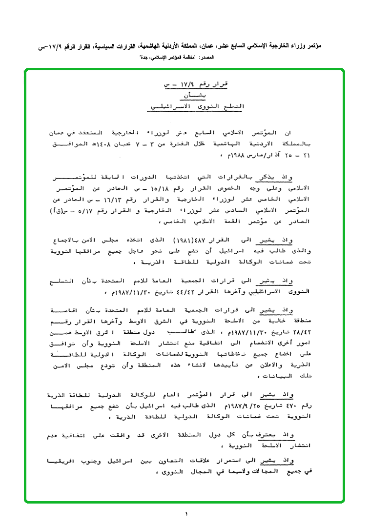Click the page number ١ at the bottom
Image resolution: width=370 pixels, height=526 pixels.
coord(186,514)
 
